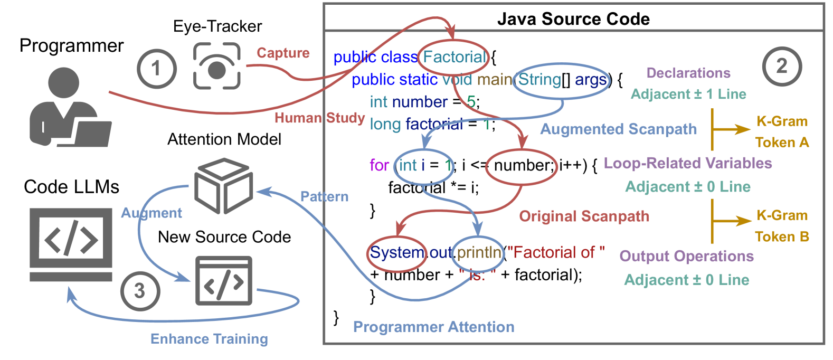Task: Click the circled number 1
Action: [157, 69]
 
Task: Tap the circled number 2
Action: [782, 67]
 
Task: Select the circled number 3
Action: [140, 291]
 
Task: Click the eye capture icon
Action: [217, 67]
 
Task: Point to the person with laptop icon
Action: [69, 108]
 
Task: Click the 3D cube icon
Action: [223, 186]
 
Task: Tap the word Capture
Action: [283, 53]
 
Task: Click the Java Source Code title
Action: [573, 19]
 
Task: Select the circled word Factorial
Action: [454, 57]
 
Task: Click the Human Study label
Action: [319, 118]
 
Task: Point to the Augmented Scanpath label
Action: [618, 129]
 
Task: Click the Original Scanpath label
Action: [584, 216]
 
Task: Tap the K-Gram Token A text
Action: [782, 132]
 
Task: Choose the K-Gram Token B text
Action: [782, 226]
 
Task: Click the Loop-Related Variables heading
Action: [687, 163]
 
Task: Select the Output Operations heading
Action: [686, 257]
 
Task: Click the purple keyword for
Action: [380, 165]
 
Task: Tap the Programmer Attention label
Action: [433, 327]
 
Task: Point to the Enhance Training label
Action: [209, 339]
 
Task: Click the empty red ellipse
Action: [521, 167]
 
